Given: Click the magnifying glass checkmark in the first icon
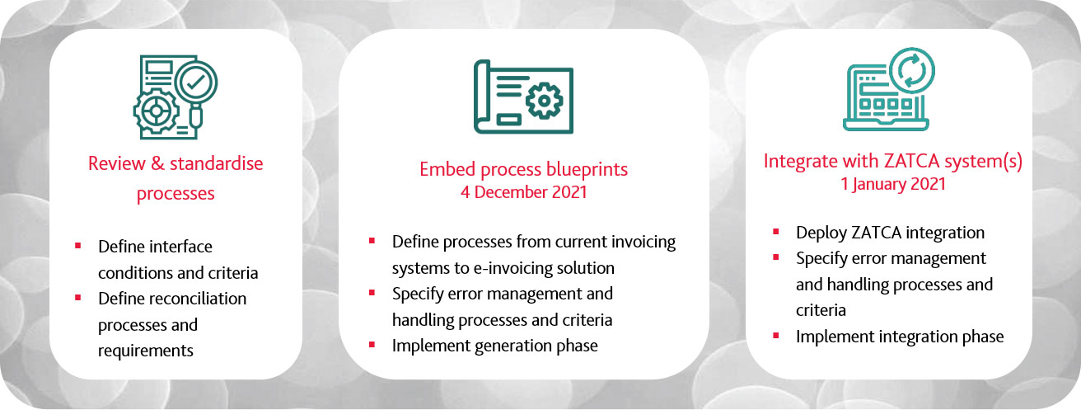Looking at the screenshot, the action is pos(195,82).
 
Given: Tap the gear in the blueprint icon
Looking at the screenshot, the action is pos(544,101).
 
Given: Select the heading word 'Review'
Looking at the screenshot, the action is pos(116,163).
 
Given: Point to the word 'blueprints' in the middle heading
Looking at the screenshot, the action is pos(587,169).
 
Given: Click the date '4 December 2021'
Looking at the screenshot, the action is pos(524,192).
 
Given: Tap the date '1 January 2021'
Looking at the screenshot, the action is pos(893,184).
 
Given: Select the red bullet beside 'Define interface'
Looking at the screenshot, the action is pos(77,246).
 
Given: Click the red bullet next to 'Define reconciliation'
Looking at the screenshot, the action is pos(77,298).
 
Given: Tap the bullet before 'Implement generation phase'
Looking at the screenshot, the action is pos(372,345).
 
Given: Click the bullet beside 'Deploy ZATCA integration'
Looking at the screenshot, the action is pos(776,231).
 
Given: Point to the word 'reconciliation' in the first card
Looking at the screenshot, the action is pos(202,299).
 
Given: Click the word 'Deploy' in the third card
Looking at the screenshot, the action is pos(821,233).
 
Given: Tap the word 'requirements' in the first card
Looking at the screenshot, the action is pos(146,351).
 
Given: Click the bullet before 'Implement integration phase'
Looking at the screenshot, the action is pos(776,335).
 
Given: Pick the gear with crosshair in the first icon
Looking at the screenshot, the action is pos(156,111).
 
